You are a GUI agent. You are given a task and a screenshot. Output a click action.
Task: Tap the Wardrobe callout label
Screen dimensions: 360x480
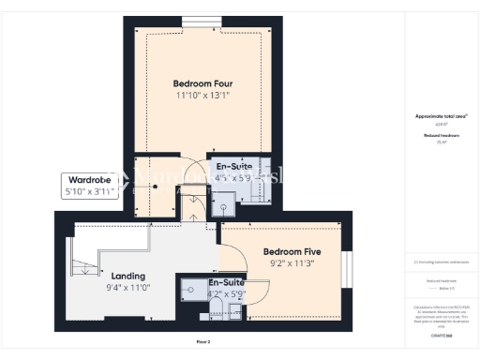coord(88,179)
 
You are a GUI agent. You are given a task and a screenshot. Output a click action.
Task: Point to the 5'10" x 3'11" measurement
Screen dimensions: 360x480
coord(88,191)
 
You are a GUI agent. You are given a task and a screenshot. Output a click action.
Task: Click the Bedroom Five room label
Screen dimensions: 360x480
coord(290,252)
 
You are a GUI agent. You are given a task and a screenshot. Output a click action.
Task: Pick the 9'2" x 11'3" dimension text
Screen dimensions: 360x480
coord(290,264)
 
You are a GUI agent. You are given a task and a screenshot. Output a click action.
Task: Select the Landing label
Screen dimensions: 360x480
coord(127,277)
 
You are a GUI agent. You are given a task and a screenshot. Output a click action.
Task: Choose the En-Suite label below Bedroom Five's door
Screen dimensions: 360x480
coord(226,281)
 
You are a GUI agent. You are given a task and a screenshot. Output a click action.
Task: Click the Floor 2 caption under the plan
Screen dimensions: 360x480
coord(203,341)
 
